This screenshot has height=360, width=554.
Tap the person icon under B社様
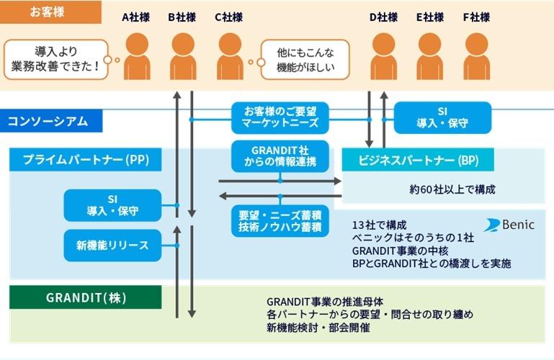click(x=182, y=57)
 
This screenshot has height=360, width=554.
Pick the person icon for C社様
click(x=229, y=57)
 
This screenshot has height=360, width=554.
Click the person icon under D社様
click(x=383, y=57)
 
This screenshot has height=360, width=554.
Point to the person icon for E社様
click(x=430, y=57)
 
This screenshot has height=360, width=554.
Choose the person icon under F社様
click(x=476, y=57)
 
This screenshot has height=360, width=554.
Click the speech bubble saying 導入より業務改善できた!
click(x=56, y=59)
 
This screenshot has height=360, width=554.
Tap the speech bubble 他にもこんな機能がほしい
click(x=303, y=59)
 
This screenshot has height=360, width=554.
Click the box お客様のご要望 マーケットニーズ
click(x=280, y=118)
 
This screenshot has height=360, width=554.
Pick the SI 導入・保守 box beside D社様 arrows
click(x=442, y=118)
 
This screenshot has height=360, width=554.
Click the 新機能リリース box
click(x=112, y=246)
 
